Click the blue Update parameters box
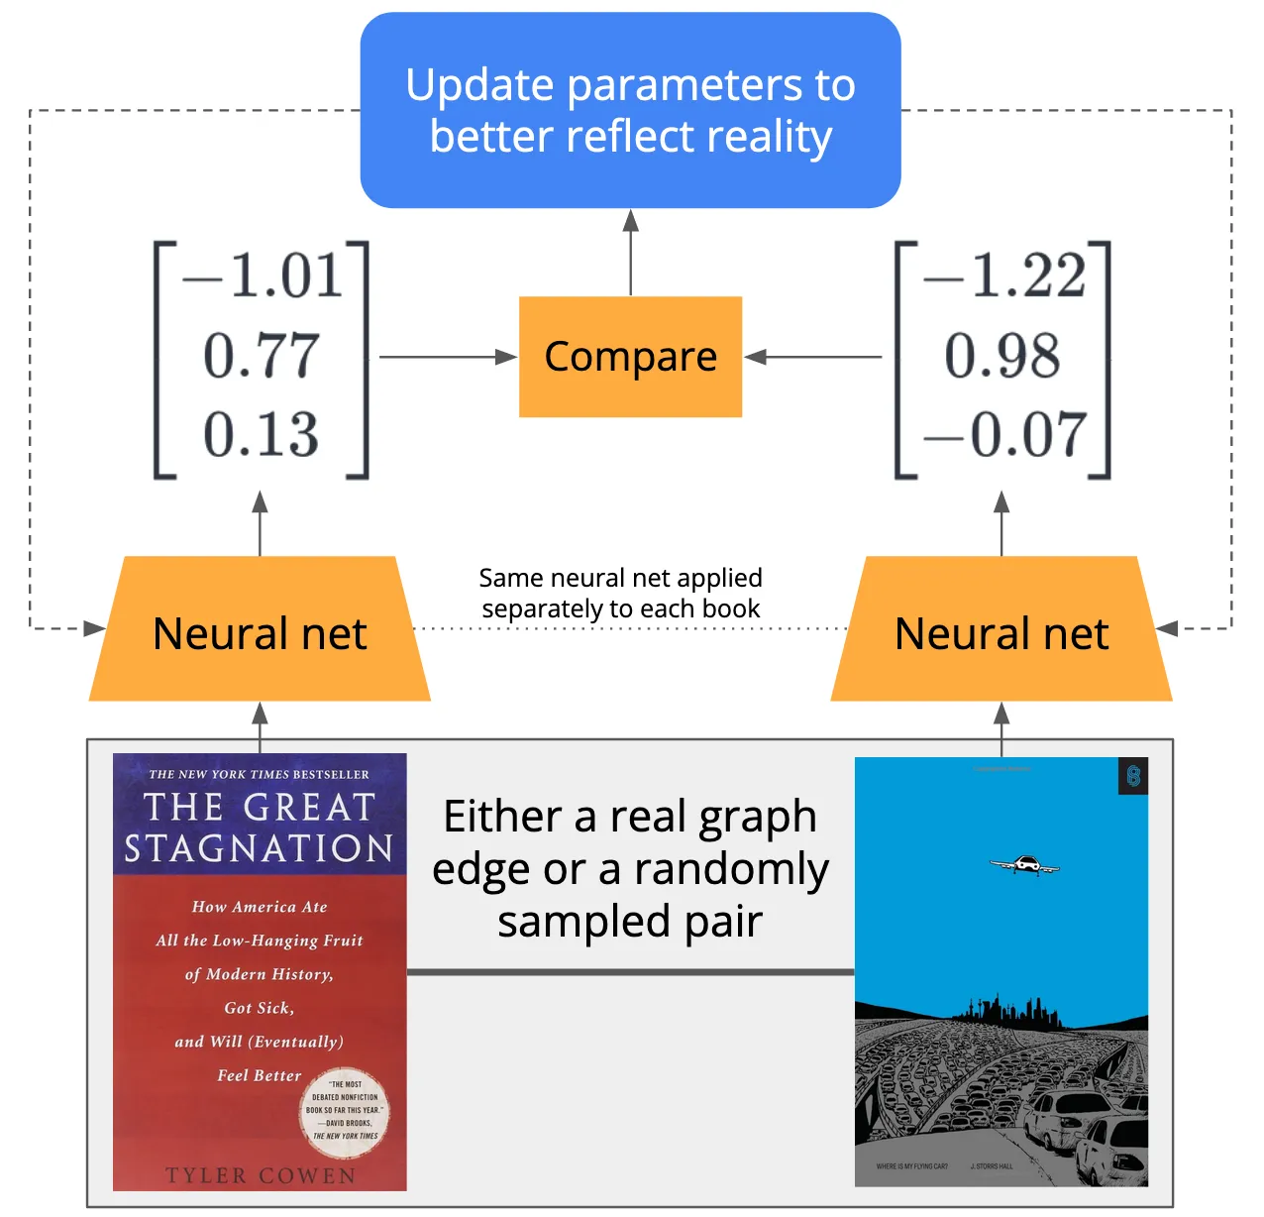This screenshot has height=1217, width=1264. (x=630, y=110)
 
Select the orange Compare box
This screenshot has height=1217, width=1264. (x=630, y=357)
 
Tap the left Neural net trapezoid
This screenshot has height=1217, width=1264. (x=260, y=632)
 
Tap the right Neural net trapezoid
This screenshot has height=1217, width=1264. (x=1001, y=632)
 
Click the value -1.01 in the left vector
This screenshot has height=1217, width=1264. (x=263, y=276)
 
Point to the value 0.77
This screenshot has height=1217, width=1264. (x=262, y=356)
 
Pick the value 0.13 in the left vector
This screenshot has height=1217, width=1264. (x=262, y=435)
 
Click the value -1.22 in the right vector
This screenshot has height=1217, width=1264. (x=1004, y=276)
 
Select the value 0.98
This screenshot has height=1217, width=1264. (x=1002, y=356)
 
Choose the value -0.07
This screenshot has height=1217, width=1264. (x=1004, y=435)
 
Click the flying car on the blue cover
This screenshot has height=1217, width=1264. (x=1024, y=865)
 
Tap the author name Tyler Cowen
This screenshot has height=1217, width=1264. (x=260, y=1175)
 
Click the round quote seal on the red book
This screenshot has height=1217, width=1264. (x=345, y=1111)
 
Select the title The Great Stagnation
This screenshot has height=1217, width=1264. (x=260, y=828)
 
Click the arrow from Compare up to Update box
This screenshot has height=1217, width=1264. (x=630, y=253)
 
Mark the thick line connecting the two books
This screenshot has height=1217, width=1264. (x=630, y=972)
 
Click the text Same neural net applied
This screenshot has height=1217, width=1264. (x=620, y=578)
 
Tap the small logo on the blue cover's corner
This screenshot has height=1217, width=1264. (x=1133, y=775)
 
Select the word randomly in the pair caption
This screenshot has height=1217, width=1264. (x=731, y=869)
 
